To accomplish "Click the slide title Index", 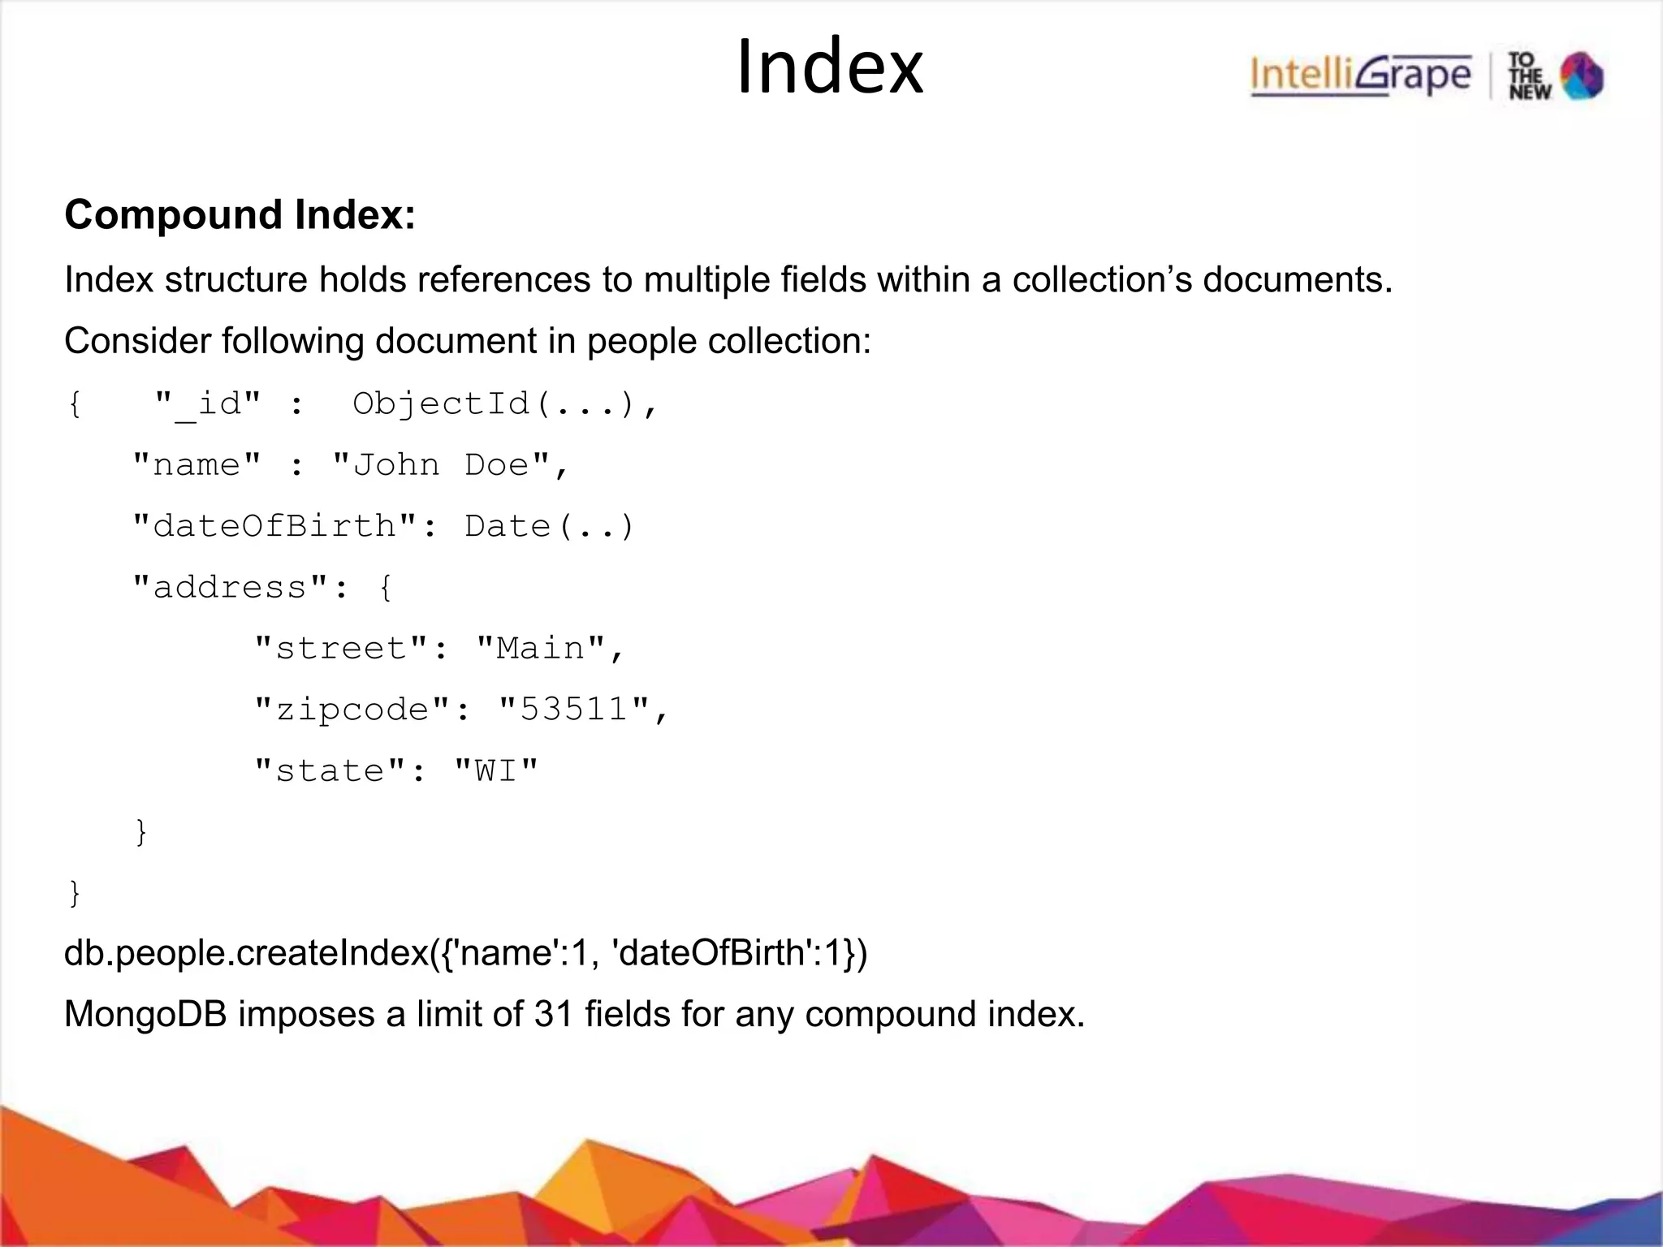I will click(x=830, y=68).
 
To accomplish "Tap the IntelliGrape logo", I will click(x=1360, y=76).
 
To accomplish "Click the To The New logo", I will click(x=1556, y=76).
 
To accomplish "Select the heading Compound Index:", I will click(x=240, y=215).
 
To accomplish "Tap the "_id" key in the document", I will click(x=208, y=403).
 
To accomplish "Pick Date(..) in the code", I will click(x=549, y=526).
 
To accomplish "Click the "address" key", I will click(x=230, y=587).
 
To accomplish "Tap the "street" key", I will click(x=340, y=648).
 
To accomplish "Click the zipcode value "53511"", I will click(x=574, y=709).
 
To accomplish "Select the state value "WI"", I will click(x=496, y=770).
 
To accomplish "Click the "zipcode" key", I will click(x=352, y=709).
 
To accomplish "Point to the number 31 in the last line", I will click(x=554, y=1014).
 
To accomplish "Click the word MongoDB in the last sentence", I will click(x=145, y=1014).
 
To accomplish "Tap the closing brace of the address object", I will click(x=141, y=831).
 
